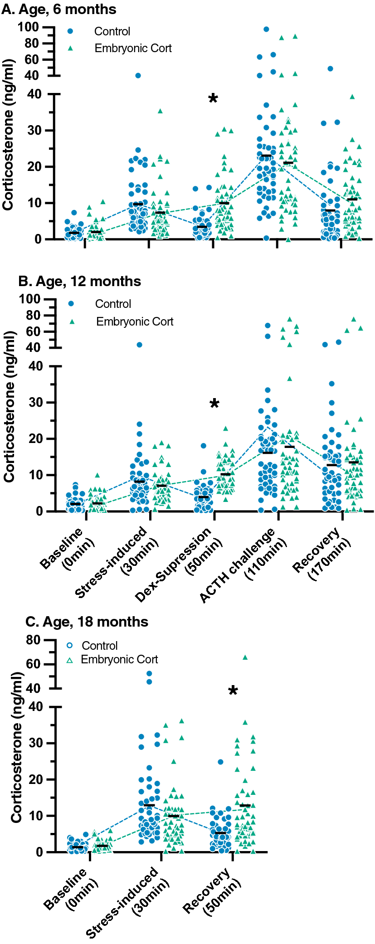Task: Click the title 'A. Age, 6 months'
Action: tap(59, 9)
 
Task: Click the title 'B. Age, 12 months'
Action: tap(79, 281)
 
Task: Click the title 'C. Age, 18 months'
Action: tap(87, 622)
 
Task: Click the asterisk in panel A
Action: tap(213, 99)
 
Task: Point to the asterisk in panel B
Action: tap(214, 404)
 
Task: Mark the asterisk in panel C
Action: tap(233, 691)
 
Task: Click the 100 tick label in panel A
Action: tap(28, 27)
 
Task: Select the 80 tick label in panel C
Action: tap(33, 640)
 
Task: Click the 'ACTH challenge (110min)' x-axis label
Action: tap(245, 564)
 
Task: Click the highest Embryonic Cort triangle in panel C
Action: tap(245, 657)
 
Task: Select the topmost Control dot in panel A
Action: tap(266, 29)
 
